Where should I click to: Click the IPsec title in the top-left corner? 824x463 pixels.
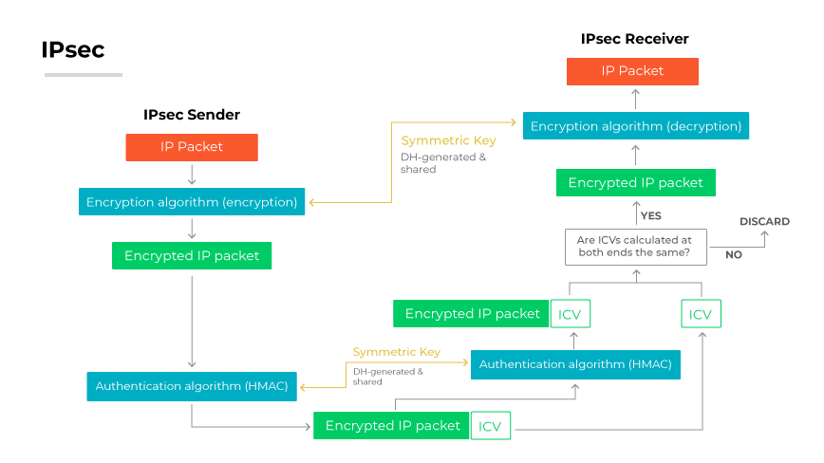(72, 50)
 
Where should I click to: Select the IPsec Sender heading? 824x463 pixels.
(192, 115)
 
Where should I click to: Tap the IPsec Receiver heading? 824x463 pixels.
(634, 39)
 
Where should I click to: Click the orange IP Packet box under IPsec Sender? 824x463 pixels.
(192, 147)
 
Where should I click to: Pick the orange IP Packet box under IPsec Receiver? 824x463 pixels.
(632, 71)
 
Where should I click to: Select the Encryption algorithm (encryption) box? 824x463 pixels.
(192, 202)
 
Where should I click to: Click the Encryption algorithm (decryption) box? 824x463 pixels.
(635, 126)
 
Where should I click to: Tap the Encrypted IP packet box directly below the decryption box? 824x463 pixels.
(635, 183)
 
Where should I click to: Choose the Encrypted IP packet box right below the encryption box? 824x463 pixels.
(192, 256)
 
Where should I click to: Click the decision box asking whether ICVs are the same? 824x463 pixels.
(634, 247)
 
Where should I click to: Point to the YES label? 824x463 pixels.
(650, 215)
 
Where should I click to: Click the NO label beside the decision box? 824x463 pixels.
(733, 255)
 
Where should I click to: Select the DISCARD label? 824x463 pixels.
(764, 222)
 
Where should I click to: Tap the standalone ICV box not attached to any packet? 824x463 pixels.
(701, 314)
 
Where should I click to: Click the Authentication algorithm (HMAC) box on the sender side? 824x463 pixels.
(192, 386)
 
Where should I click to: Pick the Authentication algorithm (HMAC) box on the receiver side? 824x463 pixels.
(575, 364)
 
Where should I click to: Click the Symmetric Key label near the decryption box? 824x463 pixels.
(448, 140)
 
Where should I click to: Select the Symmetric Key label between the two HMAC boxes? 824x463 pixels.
(396, 352)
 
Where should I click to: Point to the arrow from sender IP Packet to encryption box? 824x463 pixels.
(192, 175)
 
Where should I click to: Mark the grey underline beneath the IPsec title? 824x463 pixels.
(83, 75)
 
